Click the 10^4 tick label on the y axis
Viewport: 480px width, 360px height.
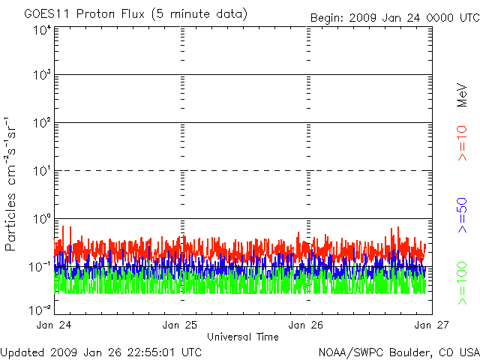click(40, 29)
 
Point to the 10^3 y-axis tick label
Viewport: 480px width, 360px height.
click(40, 76)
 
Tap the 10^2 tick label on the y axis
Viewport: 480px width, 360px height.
click(40, 124)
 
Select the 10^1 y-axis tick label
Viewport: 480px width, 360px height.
click(40, 171)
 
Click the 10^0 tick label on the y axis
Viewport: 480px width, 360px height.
click(40, 219)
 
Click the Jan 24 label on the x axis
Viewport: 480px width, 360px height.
click(55, 325)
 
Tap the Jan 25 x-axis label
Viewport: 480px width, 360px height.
click(181, 325)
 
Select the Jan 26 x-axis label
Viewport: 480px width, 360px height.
click(306, 325)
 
